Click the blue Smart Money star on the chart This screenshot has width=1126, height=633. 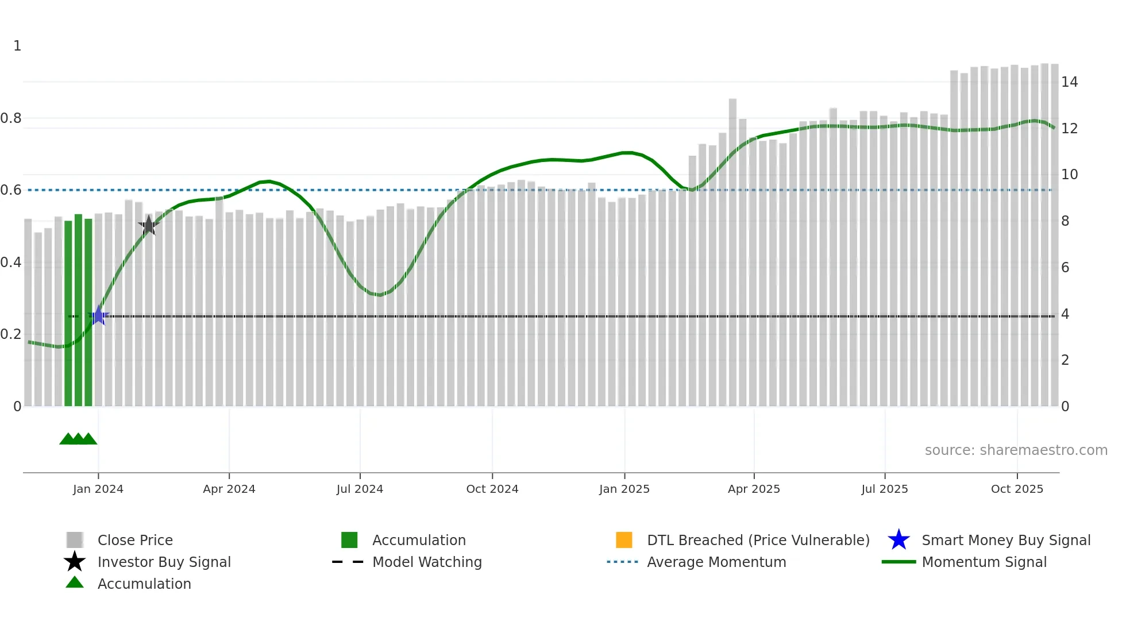98,316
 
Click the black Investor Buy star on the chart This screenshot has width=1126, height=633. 149,225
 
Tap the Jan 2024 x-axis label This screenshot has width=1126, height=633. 98,489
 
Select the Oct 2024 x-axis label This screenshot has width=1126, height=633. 492,489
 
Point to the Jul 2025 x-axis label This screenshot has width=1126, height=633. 885,489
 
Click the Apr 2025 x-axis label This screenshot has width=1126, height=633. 754,489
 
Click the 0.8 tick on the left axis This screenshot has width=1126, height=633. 11,118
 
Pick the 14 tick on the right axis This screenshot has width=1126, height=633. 1069,82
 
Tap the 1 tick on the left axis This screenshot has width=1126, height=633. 17,46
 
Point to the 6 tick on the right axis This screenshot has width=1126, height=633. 1065,268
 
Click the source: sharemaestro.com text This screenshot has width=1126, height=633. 1016,450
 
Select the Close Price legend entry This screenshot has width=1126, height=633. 135,540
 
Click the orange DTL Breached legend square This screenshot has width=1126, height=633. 624,540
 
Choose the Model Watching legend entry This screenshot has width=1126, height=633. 427,562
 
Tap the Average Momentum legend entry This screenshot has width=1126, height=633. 716,562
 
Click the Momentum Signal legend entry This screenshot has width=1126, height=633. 984,562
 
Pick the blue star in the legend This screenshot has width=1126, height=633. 899,540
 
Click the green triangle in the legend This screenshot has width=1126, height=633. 75,582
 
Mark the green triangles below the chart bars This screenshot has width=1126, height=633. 78,439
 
